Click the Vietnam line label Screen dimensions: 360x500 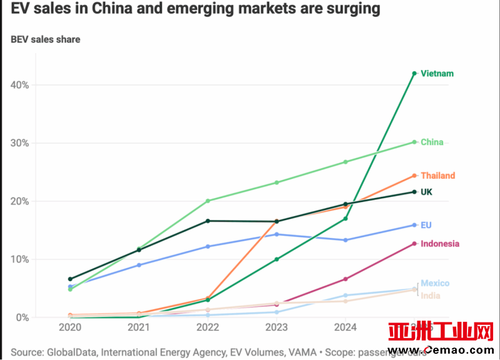pos(437,74)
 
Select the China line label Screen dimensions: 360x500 pos(432,142)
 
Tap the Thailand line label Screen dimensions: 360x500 pos(437,176)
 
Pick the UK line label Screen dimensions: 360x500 pos(426,192)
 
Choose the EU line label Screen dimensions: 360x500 pos(426,225)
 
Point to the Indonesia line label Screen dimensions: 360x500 pos(440,244)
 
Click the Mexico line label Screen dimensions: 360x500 pos(435,283)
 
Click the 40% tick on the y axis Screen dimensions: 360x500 pos(19,85)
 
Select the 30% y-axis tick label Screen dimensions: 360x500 pos(19,143)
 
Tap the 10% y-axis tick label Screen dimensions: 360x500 pos(19,259)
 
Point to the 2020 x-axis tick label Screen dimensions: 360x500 pos(70,327)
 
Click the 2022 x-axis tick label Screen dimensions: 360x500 pos(207,327)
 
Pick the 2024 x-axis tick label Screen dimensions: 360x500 pos(345,327)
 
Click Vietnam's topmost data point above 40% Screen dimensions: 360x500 pos(414,73)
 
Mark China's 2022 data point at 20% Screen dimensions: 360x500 pos(207,201)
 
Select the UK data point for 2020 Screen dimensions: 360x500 pos(70,279)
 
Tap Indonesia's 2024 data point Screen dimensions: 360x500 pos(346,279)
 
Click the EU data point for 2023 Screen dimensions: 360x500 pos(276,234)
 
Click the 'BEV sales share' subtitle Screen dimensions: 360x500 pos(46,39)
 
